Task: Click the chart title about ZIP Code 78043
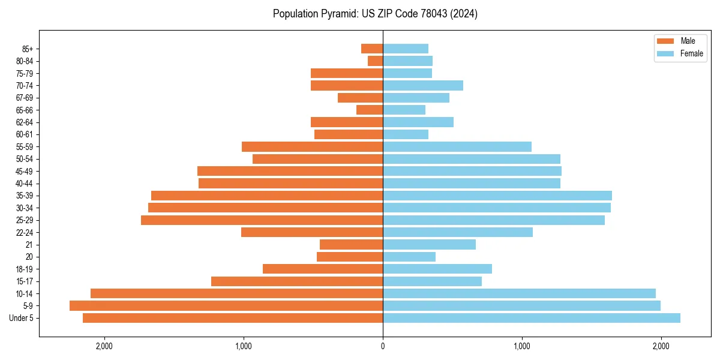tap(375, 14)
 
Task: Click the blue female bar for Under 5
tap(532, 318)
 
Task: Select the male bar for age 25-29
tap(262, 220)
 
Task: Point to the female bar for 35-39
tap(497, 196)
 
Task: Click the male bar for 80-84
tap(376, 61)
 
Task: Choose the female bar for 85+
tap(406, 49)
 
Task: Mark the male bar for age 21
tap(352, 244)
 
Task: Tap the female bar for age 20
tap(409, 257)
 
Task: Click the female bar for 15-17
tap(432, 281)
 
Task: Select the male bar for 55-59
tap(312, 146)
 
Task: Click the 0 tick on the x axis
tap(383, 346)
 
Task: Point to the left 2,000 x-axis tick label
tap(104, 346)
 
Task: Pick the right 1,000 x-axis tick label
tap(522, 346)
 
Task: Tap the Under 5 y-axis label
tap(22, 318)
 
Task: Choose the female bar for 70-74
tap(423, 85)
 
